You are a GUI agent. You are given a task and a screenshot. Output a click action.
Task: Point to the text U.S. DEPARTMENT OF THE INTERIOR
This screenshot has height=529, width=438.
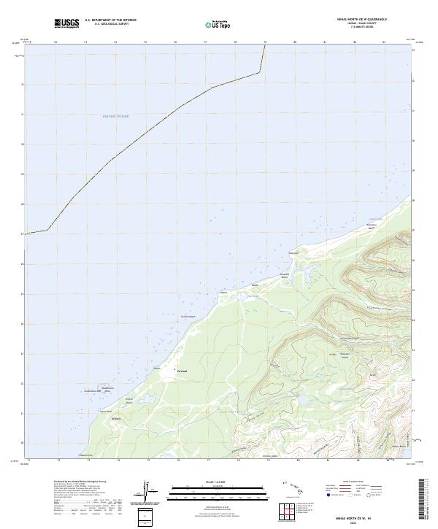(x=110, y=20)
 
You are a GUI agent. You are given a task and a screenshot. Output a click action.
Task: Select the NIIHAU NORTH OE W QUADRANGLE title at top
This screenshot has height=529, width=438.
(x=363, y=20)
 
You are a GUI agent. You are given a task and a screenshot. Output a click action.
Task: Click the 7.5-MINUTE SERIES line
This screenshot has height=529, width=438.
(x=363, y=29)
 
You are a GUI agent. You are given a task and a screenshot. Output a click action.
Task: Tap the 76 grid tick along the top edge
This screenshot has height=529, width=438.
(x=175, y=43)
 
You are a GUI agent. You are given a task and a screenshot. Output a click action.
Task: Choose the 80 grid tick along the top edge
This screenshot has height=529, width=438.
(x=294, y=43)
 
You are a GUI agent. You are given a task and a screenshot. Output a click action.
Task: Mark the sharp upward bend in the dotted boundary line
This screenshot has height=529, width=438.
(x=260, y=72)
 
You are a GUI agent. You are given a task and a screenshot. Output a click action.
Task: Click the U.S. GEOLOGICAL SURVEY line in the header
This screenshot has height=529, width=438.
(x=110, y=24)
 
